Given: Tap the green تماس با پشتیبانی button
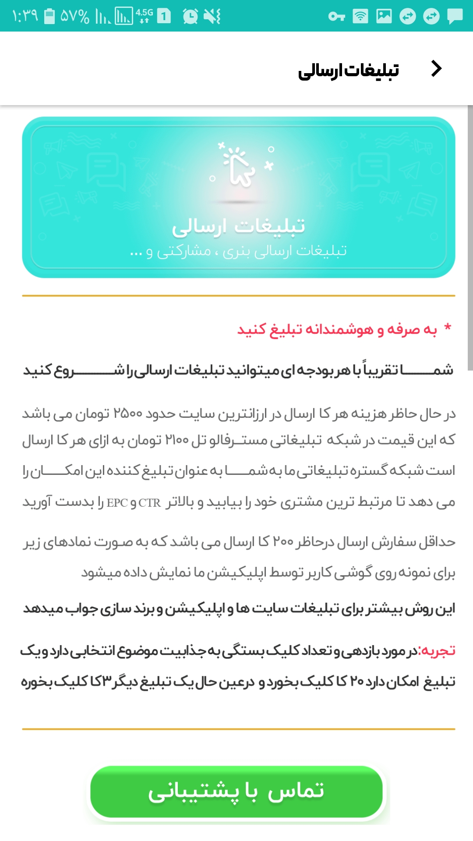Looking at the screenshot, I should [236, 792].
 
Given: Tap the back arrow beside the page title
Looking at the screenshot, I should [436, 69].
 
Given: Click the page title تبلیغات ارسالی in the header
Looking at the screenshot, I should [349, 70].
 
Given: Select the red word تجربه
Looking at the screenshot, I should [437, 651].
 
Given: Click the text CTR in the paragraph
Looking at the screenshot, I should [150, 503].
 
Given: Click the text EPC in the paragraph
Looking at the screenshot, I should [117, 503].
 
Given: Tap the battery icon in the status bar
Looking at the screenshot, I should [49, 16].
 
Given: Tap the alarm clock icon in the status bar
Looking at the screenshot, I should [190, 17].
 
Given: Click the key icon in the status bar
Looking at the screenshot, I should [336, 17].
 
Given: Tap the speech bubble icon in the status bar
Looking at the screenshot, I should [455, 17].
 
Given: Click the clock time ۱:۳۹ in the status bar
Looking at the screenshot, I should [25, 16].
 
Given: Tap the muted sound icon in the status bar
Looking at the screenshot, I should [212, 17].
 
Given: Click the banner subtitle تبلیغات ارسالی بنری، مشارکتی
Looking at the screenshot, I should [239, 251].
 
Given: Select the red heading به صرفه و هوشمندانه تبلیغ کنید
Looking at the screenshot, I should [337, 329].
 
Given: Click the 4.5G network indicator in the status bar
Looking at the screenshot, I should [144, 16].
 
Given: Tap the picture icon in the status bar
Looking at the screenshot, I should [384, 17].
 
